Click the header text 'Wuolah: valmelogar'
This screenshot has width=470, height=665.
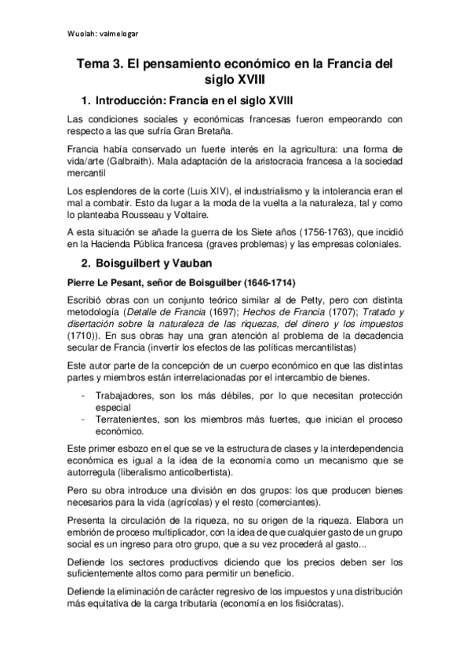click(103, 34)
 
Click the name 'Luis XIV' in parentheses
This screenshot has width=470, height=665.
click(202, 192)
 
